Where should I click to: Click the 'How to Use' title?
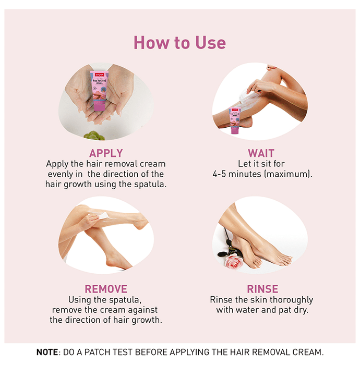point(179,43)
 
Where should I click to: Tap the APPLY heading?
point(106,153)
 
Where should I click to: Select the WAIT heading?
point(261,153)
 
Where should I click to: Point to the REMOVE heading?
point(106,289)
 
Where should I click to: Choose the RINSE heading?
point(262,289)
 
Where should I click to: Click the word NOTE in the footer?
point(47,352)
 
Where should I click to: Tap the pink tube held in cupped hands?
point(99,91)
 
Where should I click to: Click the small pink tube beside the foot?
point(235,120)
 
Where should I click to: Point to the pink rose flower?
point(233,261)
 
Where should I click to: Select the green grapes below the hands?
point(94,136)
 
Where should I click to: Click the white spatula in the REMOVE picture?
point(102,215)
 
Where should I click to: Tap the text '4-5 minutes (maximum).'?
point(262,174)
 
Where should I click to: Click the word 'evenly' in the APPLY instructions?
point(60,174)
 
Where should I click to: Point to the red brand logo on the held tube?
point(100,75)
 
